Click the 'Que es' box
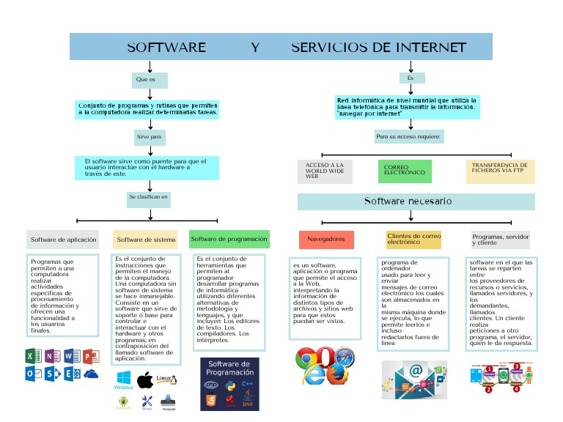point(150,80)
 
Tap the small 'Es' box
point(412,78)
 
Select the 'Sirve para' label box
point(150,137)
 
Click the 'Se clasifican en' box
point(150,197)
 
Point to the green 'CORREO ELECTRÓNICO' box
point(405,171)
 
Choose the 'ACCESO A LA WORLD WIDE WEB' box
point(325,171)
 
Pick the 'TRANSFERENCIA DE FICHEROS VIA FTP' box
point(501,171)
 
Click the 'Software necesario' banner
point(416,201)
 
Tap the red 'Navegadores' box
point(326,240)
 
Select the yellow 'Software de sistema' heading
point(146,240)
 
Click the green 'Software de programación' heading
point(229,239)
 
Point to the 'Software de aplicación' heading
point(63,240)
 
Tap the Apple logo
point(145,379)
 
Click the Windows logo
point(123,379)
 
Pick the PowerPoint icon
point(91,357)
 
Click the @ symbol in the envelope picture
point(416,371)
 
